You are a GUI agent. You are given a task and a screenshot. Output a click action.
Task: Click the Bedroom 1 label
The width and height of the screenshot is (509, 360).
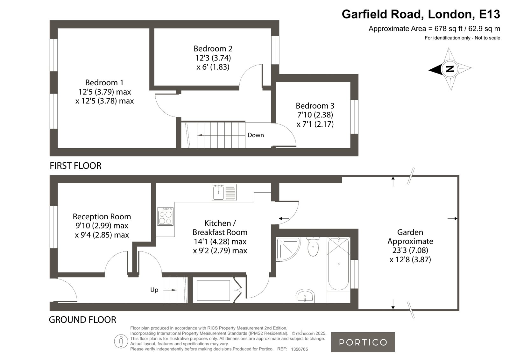tap(104, 82)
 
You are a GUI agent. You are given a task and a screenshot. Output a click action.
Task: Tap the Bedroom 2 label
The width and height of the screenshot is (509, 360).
tap(213, 49)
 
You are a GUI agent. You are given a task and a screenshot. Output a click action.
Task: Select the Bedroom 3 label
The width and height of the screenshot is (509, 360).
tap(315, 106)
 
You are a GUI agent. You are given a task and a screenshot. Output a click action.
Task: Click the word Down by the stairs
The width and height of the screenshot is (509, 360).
tap(256, 135)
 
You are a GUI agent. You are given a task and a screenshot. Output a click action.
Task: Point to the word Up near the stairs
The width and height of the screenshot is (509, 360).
tap(154, 290)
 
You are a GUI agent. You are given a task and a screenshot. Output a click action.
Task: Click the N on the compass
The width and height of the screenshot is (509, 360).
tap(450, 69)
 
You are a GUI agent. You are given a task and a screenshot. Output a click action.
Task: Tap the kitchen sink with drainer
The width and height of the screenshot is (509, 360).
tap(224, 193)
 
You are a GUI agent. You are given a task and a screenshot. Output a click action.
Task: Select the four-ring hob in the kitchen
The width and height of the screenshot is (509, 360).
tap(166, 216)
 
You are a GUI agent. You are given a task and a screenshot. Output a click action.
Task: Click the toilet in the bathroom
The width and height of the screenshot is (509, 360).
tap(313, 247)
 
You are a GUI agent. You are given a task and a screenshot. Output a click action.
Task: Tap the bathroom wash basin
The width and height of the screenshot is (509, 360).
tap(305, 296)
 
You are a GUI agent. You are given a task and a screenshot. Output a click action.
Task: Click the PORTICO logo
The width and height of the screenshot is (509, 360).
tap(363, 342)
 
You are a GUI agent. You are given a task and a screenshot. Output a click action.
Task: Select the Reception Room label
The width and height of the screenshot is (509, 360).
tap(102, 216)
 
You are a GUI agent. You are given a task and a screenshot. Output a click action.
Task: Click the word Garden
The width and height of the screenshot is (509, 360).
tap(410, 232)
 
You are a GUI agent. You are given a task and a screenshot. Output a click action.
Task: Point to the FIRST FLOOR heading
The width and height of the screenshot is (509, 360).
tap(75, 166)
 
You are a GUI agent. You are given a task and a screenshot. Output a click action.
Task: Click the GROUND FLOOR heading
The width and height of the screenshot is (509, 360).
tap(82, 320)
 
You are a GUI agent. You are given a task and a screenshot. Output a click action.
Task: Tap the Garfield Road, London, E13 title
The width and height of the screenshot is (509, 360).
tap(421, 14)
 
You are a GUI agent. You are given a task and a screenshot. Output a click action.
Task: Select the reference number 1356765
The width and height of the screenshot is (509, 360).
tap(300, 349)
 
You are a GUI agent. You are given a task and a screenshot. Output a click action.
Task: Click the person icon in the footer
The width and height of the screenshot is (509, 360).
tap(121, 341)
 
